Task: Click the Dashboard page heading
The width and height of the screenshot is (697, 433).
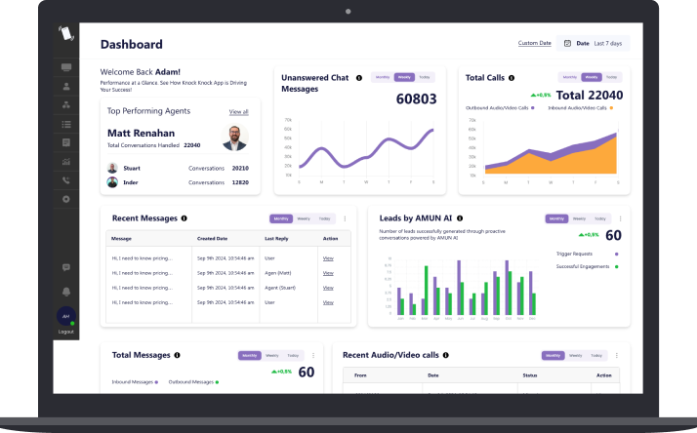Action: click(132, 44)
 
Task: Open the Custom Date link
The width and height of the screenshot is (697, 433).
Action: click(534, 43)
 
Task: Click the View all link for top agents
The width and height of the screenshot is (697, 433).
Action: click(238, 112)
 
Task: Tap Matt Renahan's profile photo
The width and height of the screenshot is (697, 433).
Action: click(234, 137)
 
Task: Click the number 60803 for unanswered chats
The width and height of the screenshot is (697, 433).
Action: click(416, 98)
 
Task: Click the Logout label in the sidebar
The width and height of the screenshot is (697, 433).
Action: click(65, 332)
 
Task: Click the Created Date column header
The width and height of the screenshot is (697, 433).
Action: click(213, 238)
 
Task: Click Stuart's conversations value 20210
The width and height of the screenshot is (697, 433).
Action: click(239, 168)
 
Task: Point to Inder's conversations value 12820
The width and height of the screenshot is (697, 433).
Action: click(239, 182)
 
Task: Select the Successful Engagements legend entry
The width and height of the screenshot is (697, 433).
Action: click(584, 266)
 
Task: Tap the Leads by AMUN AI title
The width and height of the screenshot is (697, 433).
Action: click(415, 218)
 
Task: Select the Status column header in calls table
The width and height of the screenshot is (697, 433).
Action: click(530, 375)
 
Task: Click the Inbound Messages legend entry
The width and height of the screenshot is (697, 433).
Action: click(135, 381)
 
